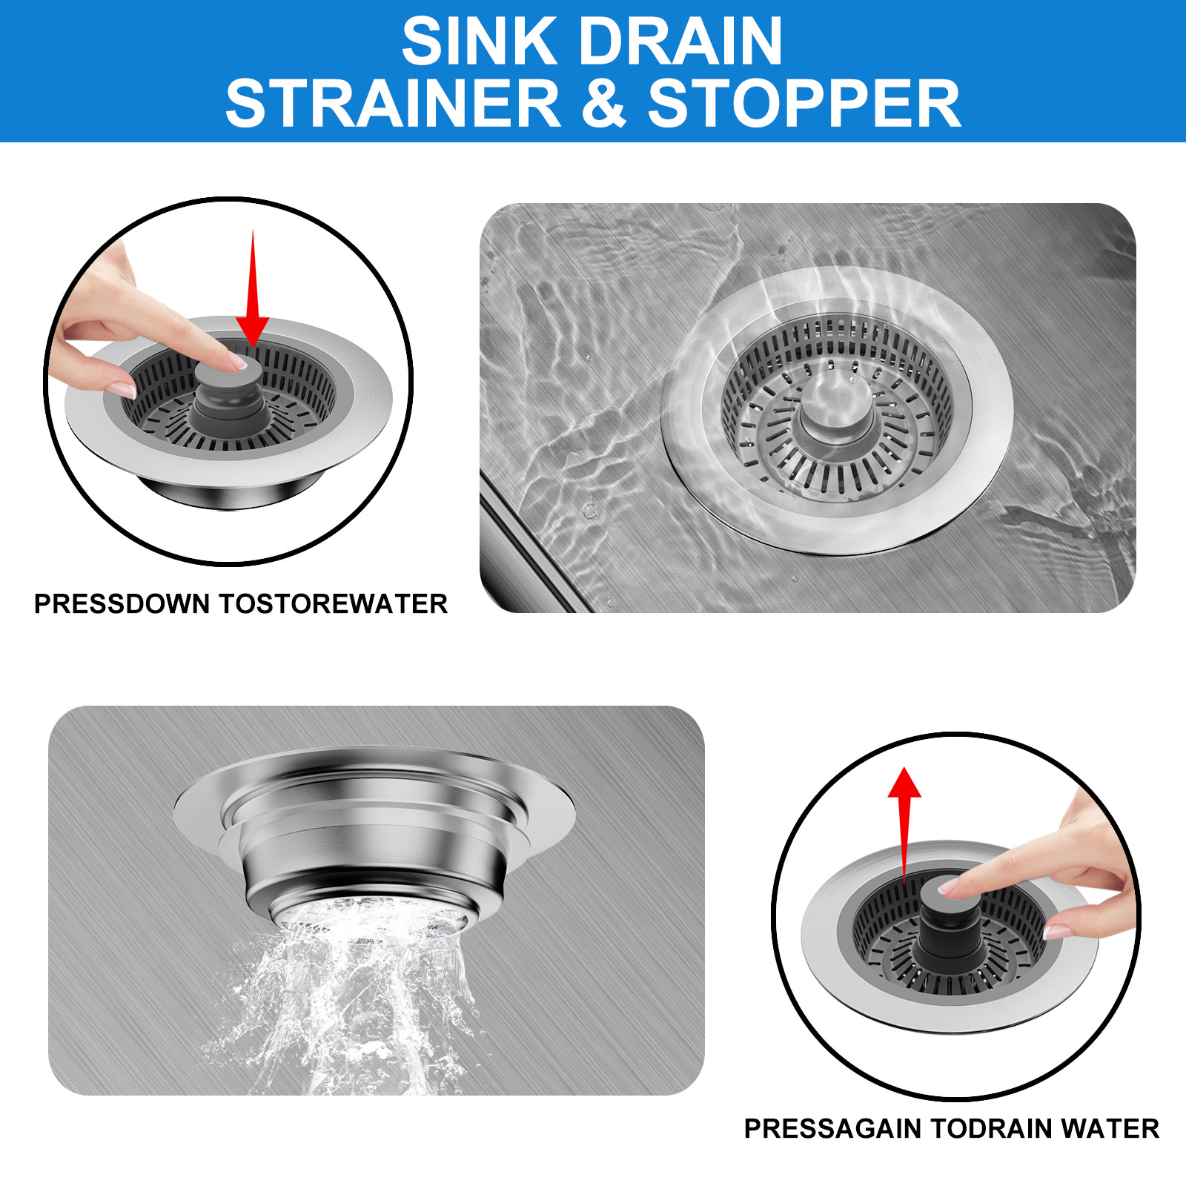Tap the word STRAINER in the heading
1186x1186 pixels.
[393, 104]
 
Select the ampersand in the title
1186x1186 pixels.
[604, 104]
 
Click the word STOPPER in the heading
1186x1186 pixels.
[804, 104]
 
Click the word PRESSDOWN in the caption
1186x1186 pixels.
[122, 604]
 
